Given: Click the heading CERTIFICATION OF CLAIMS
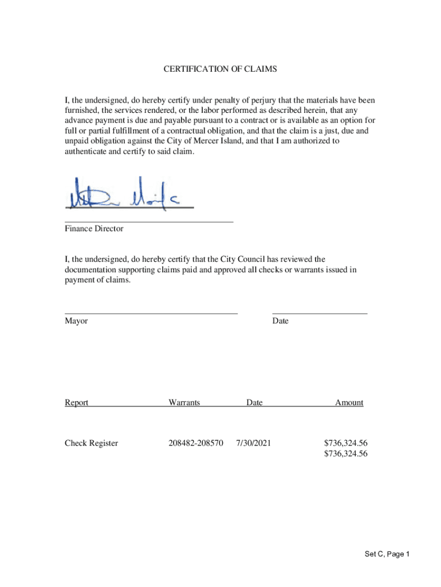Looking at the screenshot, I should tap(220, 69).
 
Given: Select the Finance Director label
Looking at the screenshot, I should tap(94, 229).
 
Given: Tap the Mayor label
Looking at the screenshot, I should tap(76, 321).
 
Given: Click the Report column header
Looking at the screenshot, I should tap(76, 402).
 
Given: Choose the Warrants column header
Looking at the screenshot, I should tap(184, 402).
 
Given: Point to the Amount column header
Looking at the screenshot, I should tap(349, 402).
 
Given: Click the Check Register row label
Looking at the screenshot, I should tap(91, 443).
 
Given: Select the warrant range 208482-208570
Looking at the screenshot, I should tap(196, 443).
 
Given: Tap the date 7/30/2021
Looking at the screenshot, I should tap(253, 443).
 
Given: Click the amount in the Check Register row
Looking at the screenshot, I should tap(345, 443).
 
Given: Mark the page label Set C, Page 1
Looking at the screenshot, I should tap(387, 554).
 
